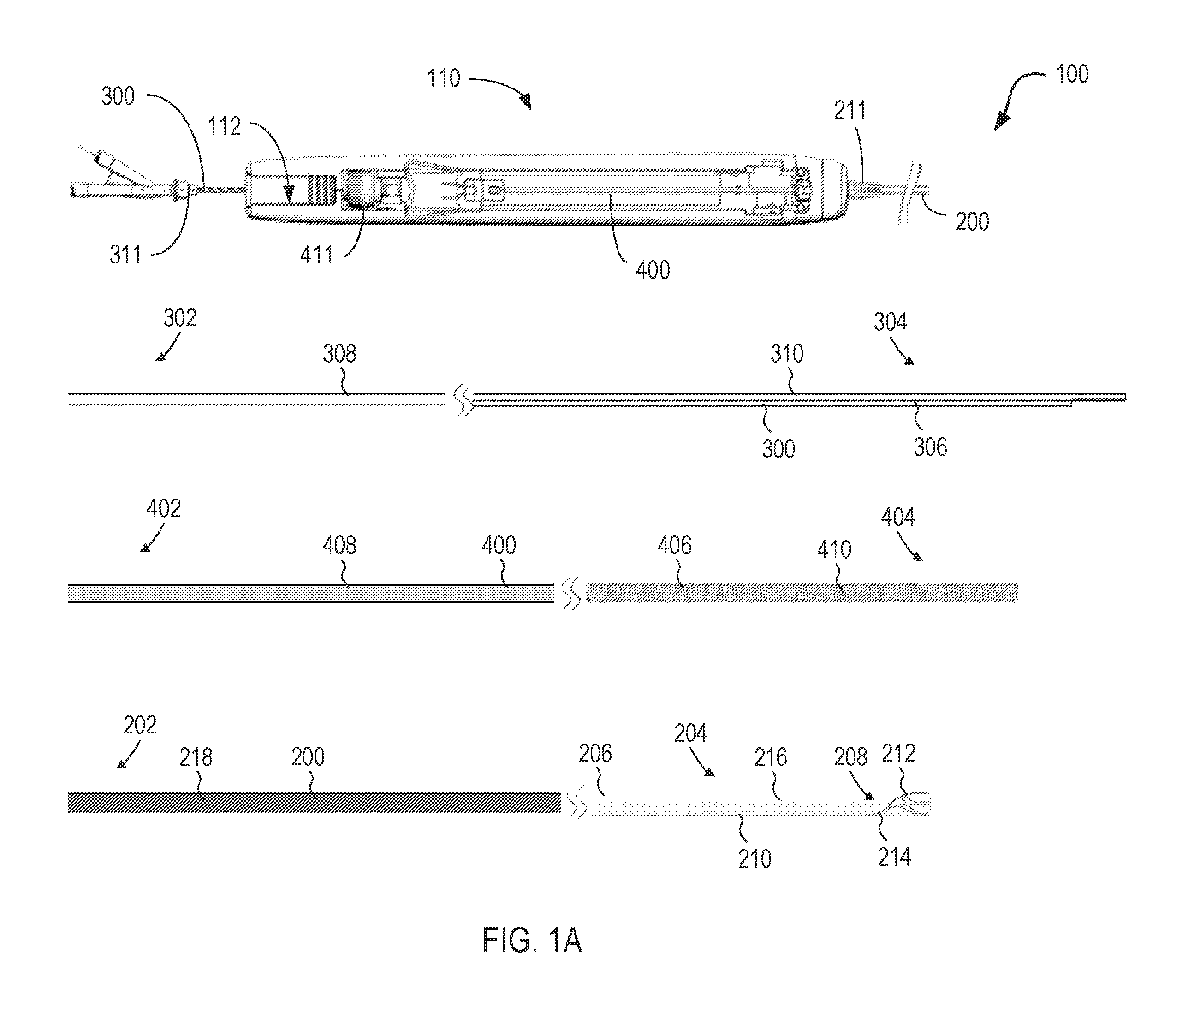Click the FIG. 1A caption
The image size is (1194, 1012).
coord(532,941)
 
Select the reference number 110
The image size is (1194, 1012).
coord(444,78)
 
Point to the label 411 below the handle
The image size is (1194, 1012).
coord(316,255)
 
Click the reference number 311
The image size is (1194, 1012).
coord(125,255)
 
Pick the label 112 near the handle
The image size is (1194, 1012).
coord(224,126)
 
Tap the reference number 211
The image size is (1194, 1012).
coord(850,110)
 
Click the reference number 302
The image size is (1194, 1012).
coord(180,317)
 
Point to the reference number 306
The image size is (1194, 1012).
coord(930,447)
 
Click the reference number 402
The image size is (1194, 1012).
coord(163,508)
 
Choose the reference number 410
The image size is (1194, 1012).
coord(834,550)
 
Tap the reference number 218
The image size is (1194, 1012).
coord(196,757)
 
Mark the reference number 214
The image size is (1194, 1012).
coord(894,857)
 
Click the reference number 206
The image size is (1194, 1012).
coord(595,754)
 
